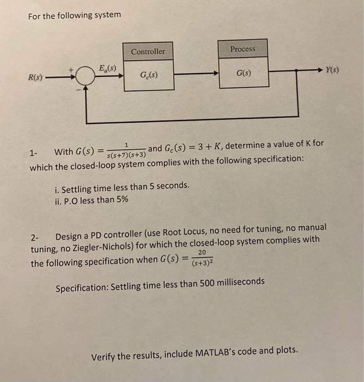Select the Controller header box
click(148, 51)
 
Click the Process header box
click(242, 49)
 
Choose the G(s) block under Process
click(243, 73)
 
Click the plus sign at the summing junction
click(70, 70)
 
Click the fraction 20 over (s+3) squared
click(202, 258)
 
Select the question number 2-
click(35, 237)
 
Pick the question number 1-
click(34, 153)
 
